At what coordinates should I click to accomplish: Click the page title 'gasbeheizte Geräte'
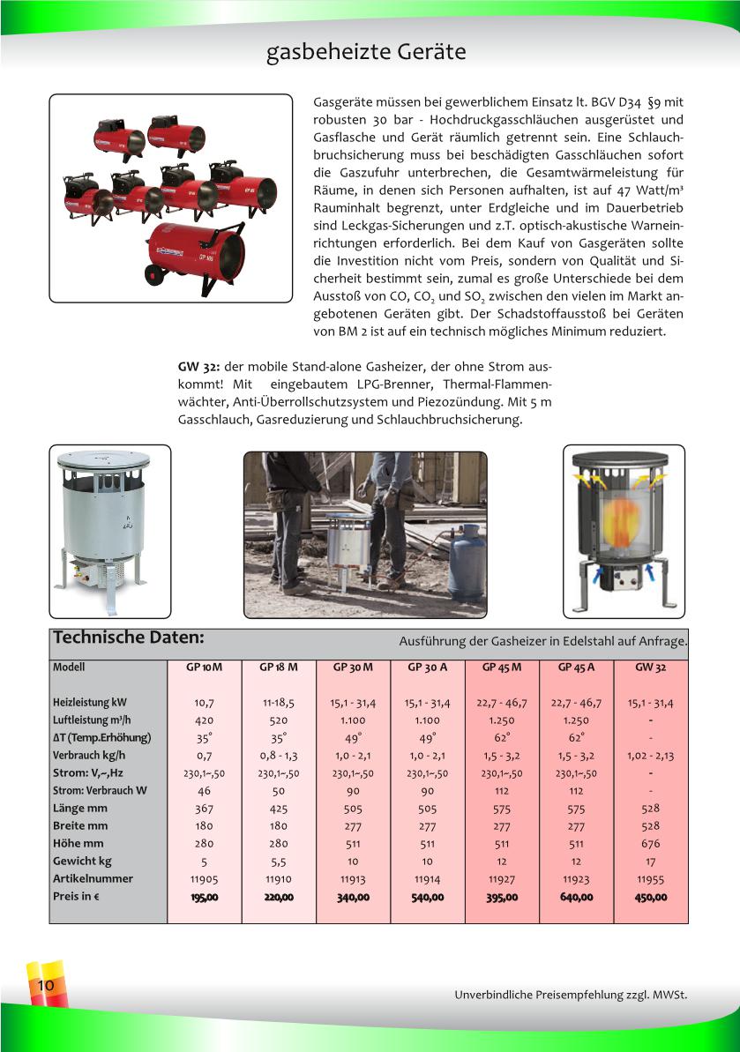pos(366,53)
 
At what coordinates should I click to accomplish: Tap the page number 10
pos(45,985)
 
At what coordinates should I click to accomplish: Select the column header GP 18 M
pos(279,668)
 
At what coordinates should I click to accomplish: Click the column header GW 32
pos(650,668)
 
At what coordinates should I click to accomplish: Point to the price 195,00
pos(205,897)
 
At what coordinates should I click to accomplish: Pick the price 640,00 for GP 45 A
pos(576,897)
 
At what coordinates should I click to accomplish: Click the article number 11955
pos(650,879)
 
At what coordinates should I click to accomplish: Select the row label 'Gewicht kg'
pos(82,862)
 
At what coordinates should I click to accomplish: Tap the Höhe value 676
pos(650,844)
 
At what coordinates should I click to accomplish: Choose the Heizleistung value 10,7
pos(205,703)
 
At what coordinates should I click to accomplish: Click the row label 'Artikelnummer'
pos(93,879)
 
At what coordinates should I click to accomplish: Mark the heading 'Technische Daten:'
pos(129,638)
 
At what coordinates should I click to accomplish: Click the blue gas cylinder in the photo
pos(467,564)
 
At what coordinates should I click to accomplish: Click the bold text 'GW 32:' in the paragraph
pos(198,367)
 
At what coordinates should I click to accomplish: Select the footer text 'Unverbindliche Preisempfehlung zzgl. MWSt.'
pos(571,996)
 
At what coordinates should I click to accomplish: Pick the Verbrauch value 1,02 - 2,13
pos(650,756)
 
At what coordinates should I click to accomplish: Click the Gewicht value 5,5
pos(279,862)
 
